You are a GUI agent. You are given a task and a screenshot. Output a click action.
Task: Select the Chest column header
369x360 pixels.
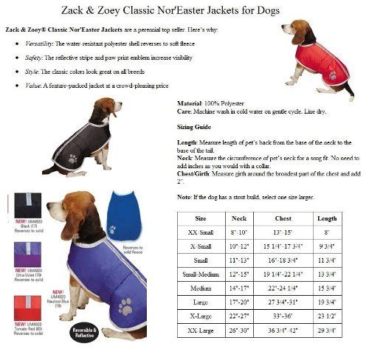(283, 218)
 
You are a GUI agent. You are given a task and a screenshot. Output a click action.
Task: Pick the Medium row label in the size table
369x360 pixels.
(201, 286)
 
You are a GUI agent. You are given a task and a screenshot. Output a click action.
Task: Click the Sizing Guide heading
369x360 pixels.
(193, 127)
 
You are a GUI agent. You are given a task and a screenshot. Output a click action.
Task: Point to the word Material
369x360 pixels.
(190, 104)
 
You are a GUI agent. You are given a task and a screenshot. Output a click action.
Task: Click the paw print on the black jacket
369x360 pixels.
(72, 158)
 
